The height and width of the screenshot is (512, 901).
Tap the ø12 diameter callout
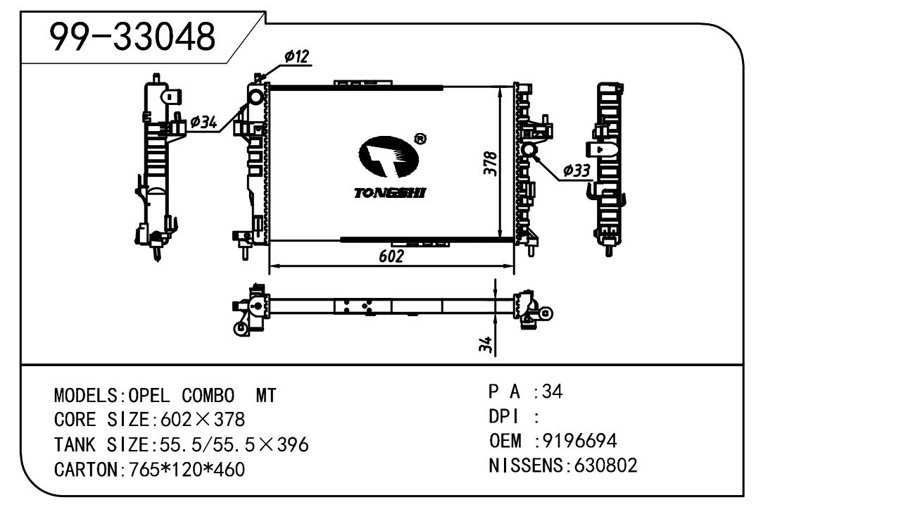click(296, 56)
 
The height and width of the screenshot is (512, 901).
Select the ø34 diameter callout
click(203, 122)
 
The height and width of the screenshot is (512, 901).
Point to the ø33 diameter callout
click(576, 170)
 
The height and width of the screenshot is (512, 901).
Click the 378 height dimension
click(491, 163)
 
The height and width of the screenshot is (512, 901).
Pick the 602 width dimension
click(391, 256)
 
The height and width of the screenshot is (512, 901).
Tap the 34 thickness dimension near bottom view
click(486, 344)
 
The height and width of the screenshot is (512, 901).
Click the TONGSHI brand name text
click(389, 193)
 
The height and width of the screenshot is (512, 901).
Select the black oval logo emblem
click(389, 156)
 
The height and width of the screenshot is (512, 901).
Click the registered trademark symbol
click(420, 139)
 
